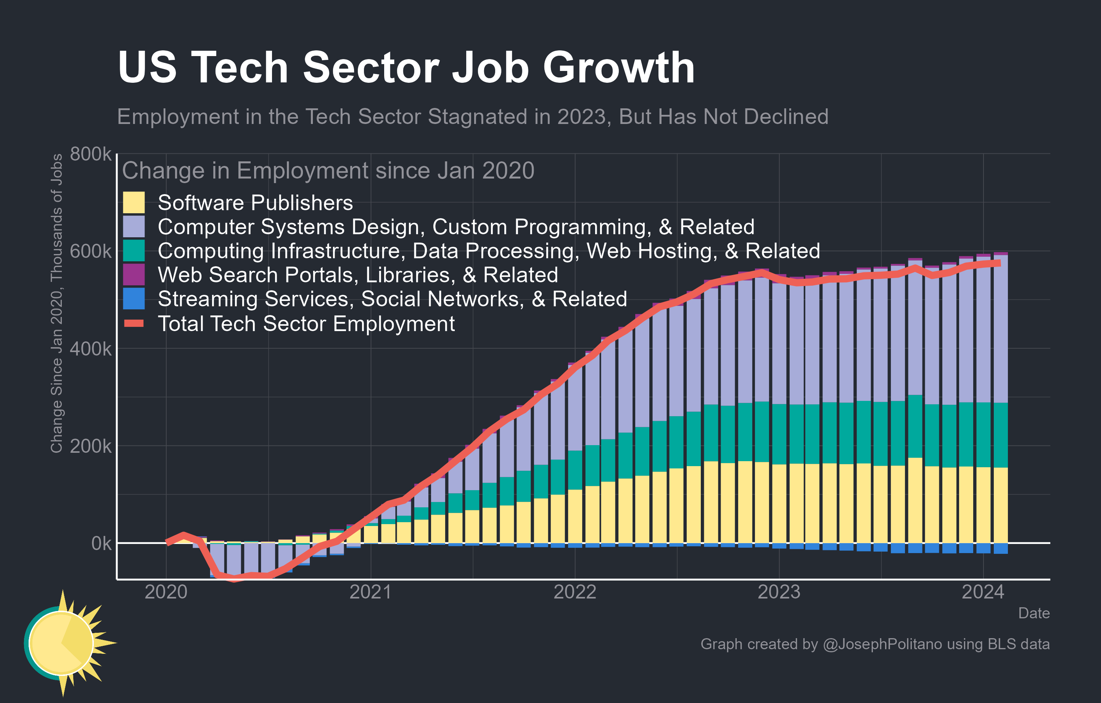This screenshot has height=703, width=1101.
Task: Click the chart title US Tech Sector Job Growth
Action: coord(406,68)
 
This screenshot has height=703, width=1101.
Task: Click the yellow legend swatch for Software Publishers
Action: coord(134,203)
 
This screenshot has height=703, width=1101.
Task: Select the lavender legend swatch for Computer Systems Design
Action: coord(134,227)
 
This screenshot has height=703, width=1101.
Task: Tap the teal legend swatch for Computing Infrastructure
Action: coord(134,251)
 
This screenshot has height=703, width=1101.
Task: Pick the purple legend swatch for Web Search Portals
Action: coord(134,275)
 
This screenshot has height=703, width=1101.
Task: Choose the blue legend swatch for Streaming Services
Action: coord(134,298)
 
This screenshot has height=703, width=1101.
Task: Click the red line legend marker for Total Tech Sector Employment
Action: coord(134,323)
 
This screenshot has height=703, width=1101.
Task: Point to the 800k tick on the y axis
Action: coord(90,154)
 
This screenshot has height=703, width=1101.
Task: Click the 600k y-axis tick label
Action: coord(90,251)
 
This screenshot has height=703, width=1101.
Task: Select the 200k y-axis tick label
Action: coord(90,446)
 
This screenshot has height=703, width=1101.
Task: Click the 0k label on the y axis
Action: coord(101,544)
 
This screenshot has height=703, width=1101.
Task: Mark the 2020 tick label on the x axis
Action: coord(166,592)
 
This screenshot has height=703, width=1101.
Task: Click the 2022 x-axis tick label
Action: coord(575,592)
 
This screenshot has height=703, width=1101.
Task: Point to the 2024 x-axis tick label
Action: coord(983,592)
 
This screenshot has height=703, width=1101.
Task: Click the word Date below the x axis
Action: coord(1034,613)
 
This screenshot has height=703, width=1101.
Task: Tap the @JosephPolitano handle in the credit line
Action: coord(882,644)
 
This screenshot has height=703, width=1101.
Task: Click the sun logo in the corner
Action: coord(64,643)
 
